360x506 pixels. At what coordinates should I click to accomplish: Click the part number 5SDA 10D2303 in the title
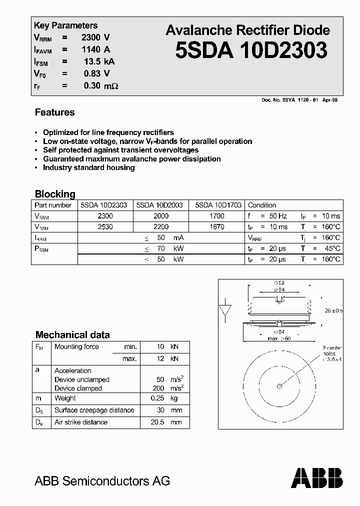pos(251,50)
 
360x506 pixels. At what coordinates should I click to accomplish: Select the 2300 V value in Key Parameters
pos(95,37)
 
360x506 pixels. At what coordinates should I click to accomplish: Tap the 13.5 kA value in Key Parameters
pos(99,61)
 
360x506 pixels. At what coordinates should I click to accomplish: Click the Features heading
pos(54,112)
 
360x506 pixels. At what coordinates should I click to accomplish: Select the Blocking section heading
pos(55,194)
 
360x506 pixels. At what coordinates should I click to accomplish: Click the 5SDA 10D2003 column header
pos(159,205)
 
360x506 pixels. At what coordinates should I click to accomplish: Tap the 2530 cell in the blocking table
pos(105,226)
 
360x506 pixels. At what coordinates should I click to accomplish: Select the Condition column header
pos(262,205)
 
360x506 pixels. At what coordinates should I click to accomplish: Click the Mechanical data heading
pos(72,335)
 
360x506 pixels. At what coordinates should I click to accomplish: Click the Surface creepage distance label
pos(94,410)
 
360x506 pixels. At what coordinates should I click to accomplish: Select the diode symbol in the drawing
pos(225,310)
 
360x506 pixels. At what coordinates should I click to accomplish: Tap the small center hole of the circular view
pos(279,385)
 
